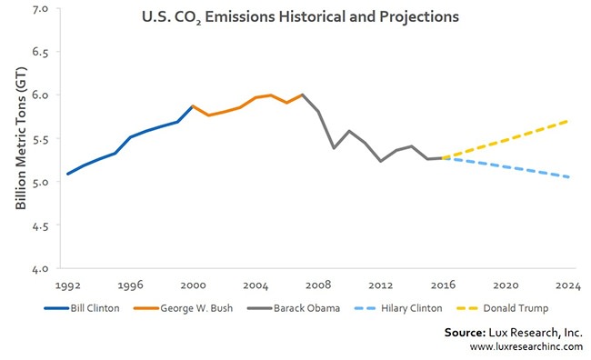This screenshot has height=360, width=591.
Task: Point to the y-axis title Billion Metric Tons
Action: coord(20,140)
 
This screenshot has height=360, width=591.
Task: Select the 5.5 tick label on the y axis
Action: coord(41,138)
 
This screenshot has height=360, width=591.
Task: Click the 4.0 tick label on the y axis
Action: coord(41,269)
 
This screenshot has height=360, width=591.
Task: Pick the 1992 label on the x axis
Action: coord(67,283)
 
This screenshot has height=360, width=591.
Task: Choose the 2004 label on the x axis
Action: coord(255,283)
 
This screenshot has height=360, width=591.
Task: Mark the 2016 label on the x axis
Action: coord(442,283)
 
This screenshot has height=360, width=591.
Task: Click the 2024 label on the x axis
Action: coord(567,283)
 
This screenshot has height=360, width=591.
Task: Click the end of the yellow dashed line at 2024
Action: coord(567,120)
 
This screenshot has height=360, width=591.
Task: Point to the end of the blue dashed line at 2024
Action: coord(567,177)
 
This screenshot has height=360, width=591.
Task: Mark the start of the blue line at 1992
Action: coord(67,174)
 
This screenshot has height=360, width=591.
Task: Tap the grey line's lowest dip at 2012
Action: coord(380,161)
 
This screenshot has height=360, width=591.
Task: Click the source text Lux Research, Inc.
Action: coord(514,333)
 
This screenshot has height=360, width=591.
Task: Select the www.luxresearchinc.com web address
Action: coord(526,347)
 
